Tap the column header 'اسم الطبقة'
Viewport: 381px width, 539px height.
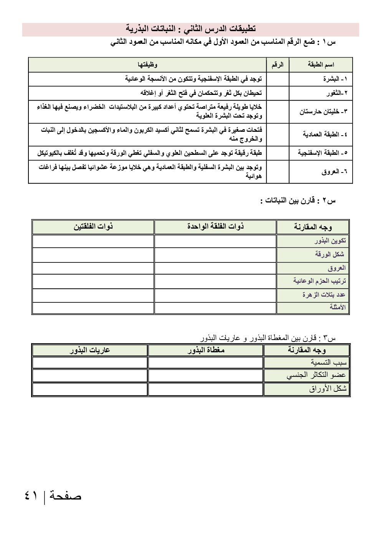tap(321, 65)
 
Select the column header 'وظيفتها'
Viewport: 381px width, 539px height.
tap(147, 65)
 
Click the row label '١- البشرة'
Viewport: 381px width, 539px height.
tap(335, 79)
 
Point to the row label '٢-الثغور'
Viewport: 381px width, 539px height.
tap(337, 93)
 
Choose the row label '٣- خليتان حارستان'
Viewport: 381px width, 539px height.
tap(323, 111)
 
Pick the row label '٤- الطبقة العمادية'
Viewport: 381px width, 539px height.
tap(325, 134)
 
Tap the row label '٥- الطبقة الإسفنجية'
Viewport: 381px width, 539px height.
tap(323, 153)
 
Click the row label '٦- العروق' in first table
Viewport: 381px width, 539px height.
tap(334, 171)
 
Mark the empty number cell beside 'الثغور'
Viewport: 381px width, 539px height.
tap(278, 93)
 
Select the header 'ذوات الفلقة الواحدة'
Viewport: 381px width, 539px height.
tap(215, 227)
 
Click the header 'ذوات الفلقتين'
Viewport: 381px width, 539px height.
tap(93, 227)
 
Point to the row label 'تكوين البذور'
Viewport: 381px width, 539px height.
tap(330, 240)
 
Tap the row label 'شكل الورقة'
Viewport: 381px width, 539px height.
tap(330, 254)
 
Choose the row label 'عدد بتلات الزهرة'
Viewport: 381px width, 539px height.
tap(323, 295)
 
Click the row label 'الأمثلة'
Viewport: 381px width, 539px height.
tap(337, 307)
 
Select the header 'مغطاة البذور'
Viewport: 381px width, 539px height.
tap(206, 350)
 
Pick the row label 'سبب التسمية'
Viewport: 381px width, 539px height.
tap(328, 362)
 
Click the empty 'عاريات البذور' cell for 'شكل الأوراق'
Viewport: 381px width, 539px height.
tap(90, 389)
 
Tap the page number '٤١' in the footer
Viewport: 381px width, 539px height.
tap(31, 496)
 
